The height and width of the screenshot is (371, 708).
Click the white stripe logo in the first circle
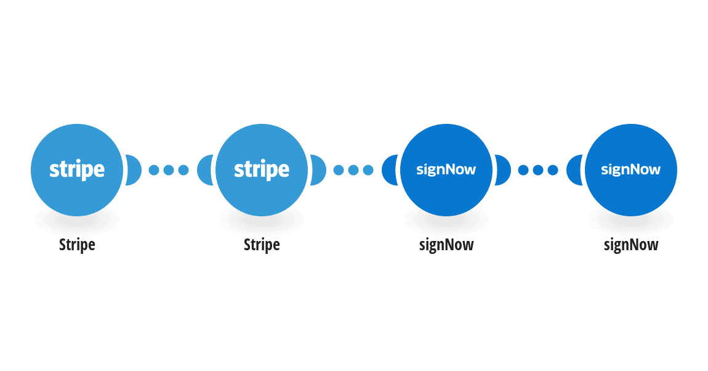pos(77,170)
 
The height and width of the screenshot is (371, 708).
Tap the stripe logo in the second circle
pos(262,170)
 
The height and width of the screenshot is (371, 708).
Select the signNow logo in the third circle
pos(446,170)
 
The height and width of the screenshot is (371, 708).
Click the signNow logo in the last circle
pos(631,170)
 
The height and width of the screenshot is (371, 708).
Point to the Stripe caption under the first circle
pos(77,245)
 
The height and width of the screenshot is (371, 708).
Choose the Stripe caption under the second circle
pos(262,245)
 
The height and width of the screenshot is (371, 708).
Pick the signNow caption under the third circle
pos(446,245)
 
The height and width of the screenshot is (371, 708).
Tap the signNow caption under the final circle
pos(631,245)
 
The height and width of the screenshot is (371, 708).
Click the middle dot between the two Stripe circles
pos(169,170)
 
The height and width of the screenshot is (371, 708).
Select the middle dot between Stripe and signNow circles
pos(353,170)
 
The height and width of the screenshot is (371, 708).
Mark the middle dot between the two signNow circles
pos(538,170)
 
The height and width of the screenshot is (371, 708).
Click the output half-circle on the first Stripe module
pos(134,170)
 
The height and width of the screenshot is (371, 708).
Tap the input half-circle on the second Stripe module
pos(205,170)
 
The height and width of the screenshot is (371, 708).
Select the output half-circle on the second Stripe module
pos(318,170)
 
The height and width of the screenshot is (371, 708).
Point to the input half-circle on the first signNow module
pos(390,170)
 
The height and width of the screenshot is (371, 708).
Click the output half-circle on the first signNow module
pos(503,170)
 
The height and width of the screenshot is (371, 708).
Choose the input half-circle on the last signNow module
pos(574,170)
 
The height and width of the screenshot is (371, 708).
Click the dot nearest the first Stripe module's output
pos(154,170)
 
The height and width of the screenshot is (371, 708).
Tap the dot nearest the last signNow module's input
pos(553,170)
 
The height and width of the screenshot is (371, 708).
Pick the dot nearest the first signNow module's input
pos(368,170)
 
